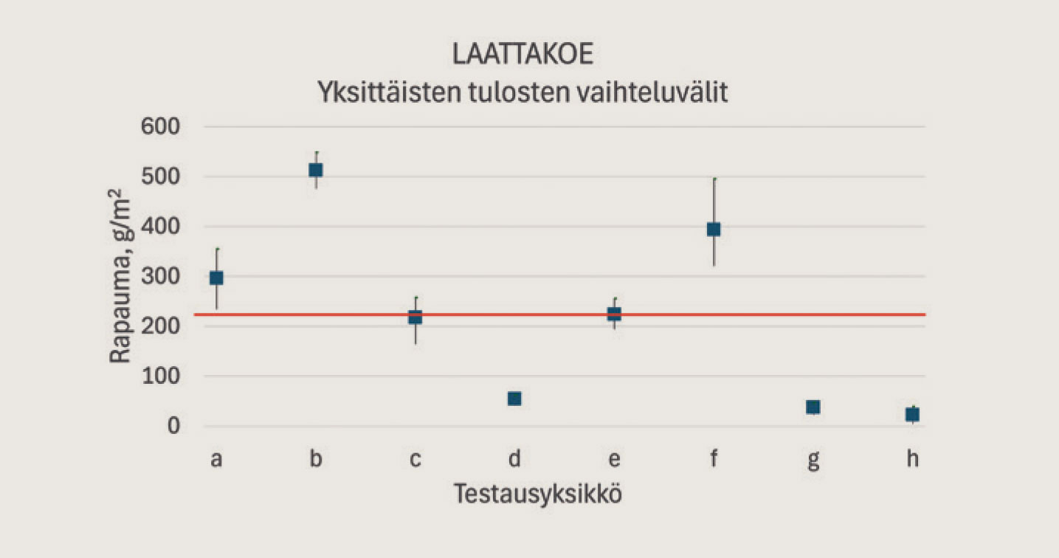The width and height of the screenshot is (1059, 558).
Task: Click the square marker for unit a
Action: (216, 278)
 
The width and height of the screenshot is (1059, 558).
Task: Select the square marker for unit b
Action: (316, 170)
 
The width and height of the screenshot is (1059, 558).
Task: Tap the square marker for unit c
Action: (415, 317)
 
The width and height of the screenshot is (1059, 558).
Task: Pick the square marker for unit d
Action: (514, 399)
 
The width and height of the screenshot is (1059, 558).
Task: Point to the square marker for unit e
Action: (614, 314)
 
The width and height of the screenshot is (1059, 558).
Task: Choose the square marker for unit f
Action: (714, 230)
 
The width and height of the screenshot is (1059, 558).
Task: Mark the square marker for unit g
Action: (813, 407)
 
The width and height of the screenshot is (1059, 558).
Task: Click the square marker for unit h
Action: (912, 414)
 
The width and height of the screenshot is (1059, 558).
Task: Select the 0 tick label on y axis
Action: (176, 427)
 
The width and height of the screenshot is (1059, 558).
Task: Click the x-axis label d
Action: (514, 459)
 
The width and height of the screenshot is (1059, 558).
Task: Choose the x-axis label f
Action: (714, 459)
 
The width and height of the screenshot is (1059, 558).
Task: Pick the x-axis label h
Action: (912, 459)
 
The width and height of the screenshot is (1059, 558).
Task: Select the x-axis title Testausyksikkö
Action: (537, 493)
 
